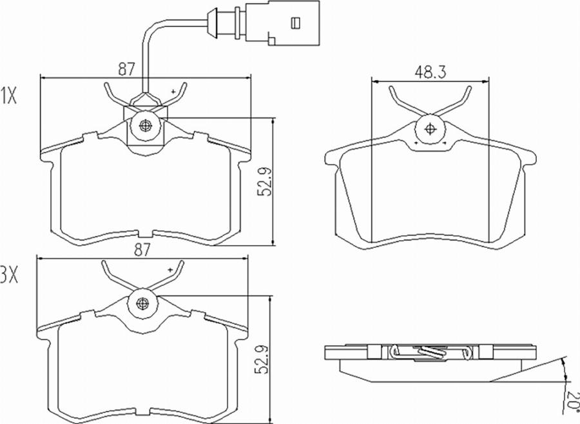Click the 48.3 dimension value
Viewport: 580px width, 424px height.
[430, 72]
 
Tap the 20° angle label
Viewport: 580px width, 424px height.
[572, 399]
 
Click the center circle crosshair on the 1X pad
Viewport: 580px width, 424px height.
[144, 125]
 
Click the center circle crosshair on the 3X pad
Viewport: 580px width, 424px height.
[143, 303]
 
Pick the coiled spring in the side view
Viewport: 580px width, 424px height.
[428, 352]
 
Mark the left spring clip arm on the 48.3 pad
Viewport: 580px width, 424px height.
[403, 100]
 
